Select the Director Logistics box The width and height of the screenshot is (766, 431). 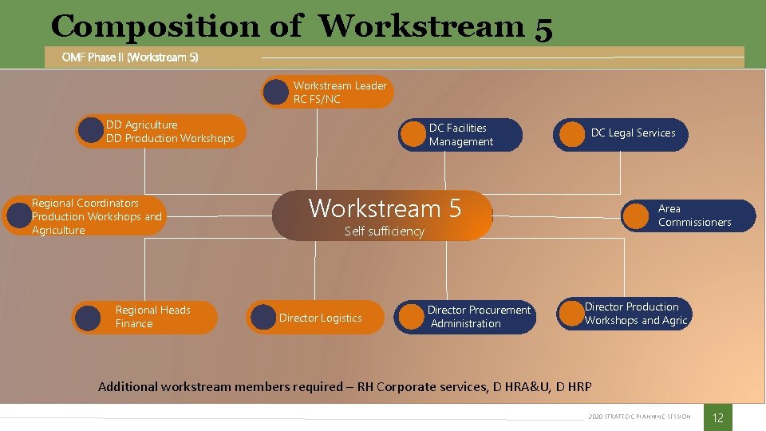click(315, 318)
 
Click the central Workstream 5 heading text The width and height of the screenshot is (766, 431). click(385, 208)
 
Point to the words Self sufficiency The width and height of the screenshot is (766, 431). click(384, 231)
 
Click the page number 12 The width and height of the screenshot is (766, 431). click(717, 417)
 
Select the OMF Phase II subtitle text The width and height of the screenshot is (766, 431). click(130, 57)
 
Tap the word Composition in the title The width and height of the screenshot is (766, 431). click(155, 26)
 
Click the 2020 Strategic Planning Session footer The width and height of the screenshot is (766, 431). click(639, 417)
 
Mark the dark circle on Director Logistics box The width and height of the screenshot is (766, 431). click(262, 318)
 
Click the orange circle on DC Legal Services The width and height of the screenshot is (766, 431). click(571, 135)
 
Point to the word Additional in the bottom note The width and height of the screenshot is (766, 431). click(127, 387)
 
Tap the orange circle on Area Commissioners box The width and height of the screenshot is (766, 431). click(636, 215)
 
